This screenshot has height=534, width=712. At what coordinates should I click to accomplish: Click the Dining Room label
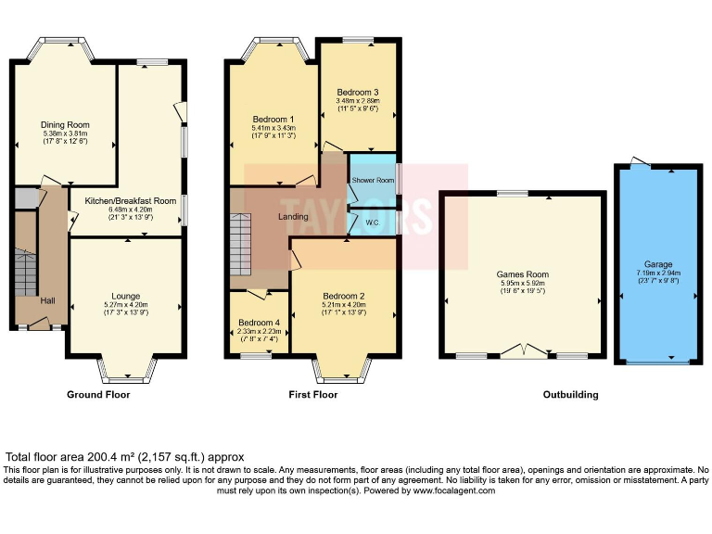coord(64,123)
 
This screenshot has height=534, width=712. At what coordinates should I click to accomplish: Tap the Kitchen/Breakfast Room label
coord(130,200)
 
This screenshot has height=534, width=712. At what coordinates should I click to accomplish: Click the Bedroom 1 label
coord(273,120)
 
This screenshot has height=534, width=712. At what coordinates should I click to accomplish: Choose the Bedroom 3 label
coord(358,93)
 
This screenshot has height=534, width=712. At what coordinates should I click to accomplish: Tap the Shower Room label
coord(373,180)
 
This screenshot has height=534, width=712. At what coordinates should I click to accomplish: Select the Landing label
coord(293,217)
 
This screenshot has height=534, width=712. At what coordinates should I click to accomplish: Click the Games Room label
coord(523,274)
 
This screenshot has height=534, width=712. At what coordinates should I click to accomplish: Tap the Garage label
coord(659,264)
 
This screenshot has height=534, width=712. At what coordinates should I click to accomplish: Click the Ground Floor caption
coord(98,394)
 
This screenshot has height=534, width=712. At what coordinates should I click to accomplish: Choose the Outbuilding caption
coord(570,394)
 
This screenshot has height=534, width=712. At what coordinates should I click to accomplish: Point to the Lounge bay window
coord(127,375)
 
